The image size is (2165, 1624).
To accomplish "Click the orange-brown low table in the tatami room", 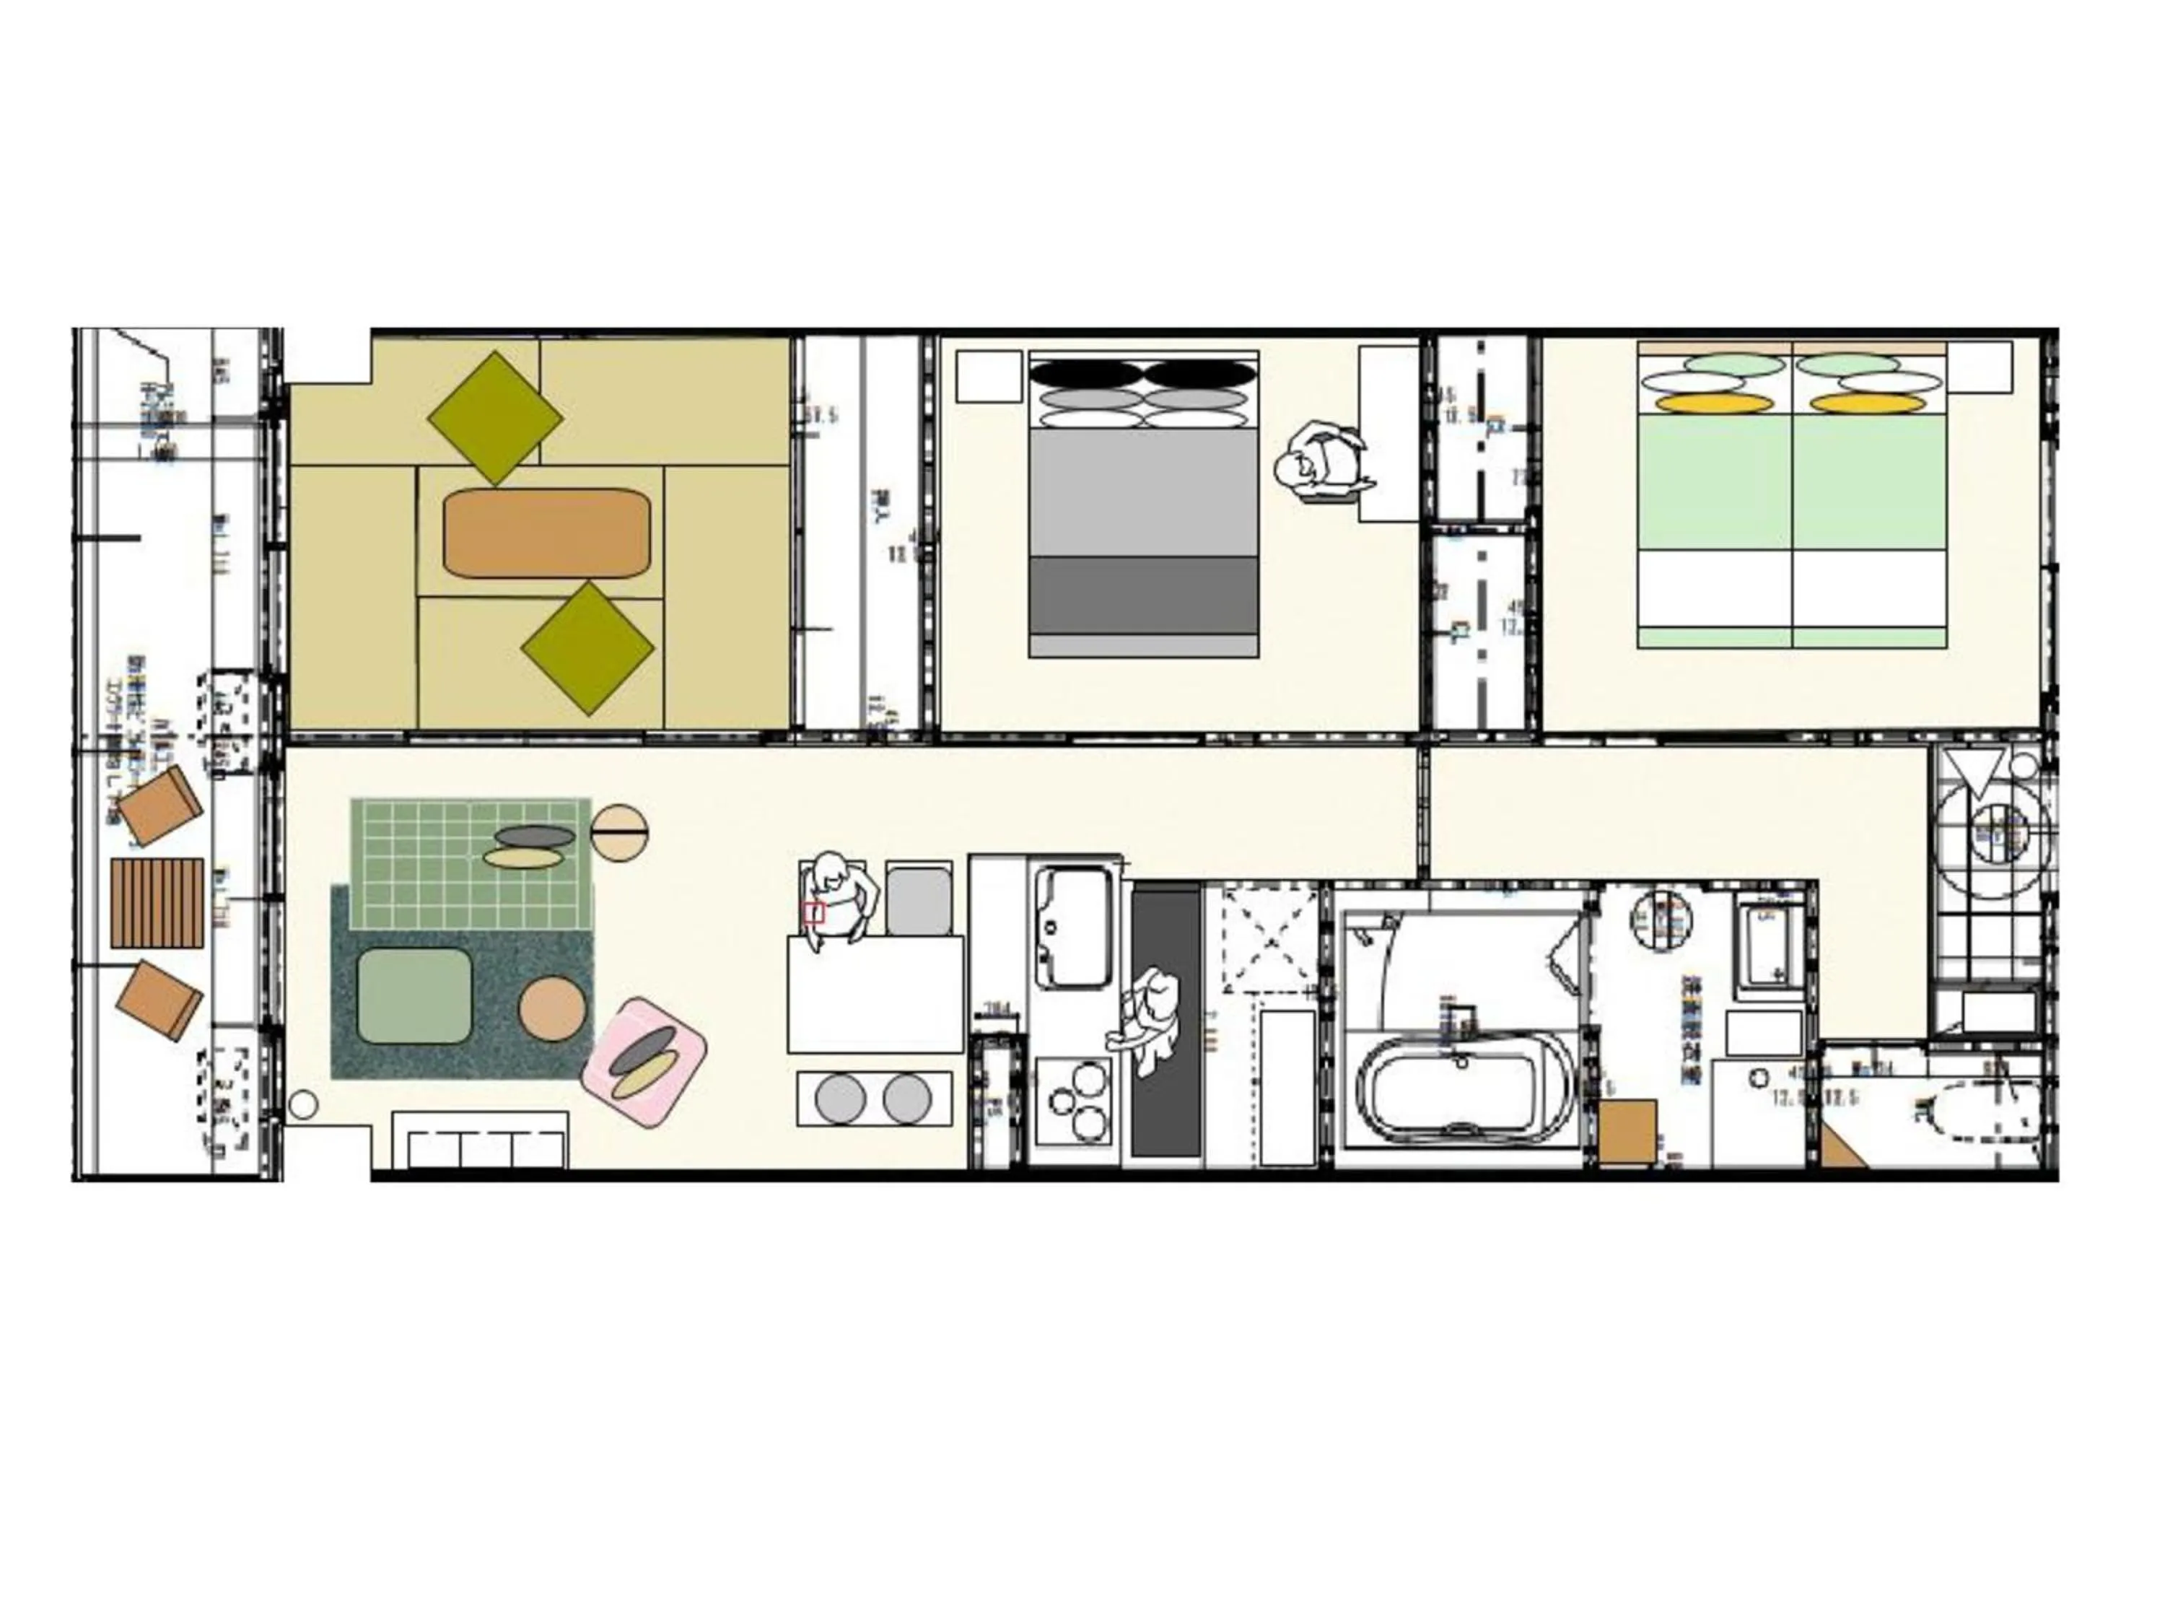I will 547,533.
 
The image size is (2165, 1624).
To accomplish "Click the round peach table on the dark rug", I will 553,1008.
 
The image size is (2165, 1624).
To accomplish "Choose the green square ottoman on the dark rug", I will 414,995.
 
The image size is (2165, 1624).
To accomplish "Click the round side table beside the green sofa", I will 619,833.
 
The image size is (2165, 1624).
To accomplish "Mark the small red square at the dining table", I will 814,913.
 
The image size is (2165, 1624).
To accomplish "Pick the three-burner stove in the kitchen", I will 1075,1099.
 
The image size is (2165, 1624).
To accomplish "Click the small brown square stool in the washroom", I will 1627,1130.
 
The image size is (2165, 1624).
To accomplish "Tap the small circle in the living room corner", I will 305,1105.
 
